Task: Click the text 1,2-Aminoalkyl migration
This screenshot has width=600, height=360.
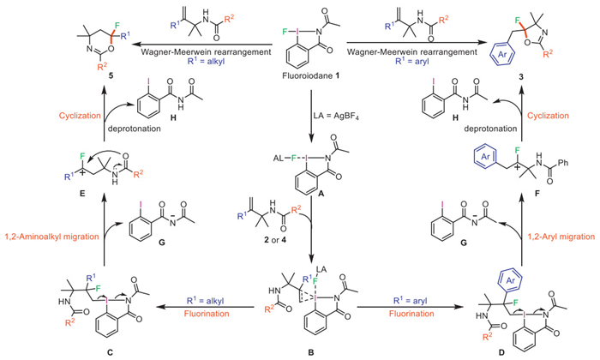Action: tap(46, 243)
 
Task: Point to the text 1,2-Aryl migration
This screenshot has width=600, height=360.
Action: tap(530, 243)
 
